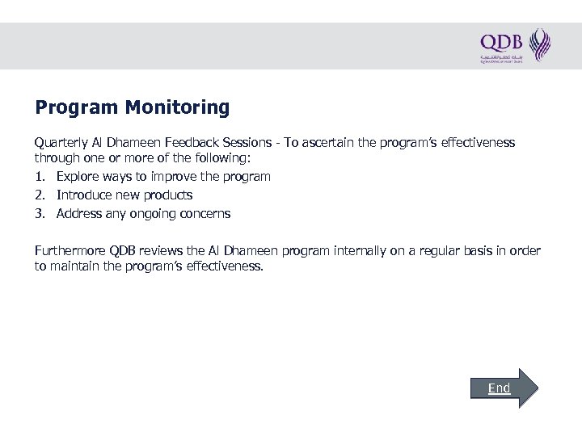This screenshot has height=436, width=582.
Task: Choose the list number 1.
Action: click(40, 176)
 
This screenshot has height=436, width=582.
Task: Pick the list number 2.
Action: click(40, 195)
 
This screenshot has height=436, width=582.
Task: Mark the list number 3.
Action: click(40, 214)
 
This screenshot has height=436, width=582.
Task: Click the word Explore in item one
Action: click(78, 176)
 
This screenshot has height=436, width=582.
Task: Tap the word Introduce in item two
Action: click(85, 195)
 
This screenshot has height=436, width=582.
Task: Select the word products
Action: click(167, 195)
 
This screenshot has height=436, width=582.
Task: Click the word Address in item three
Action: click(79, 214)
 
